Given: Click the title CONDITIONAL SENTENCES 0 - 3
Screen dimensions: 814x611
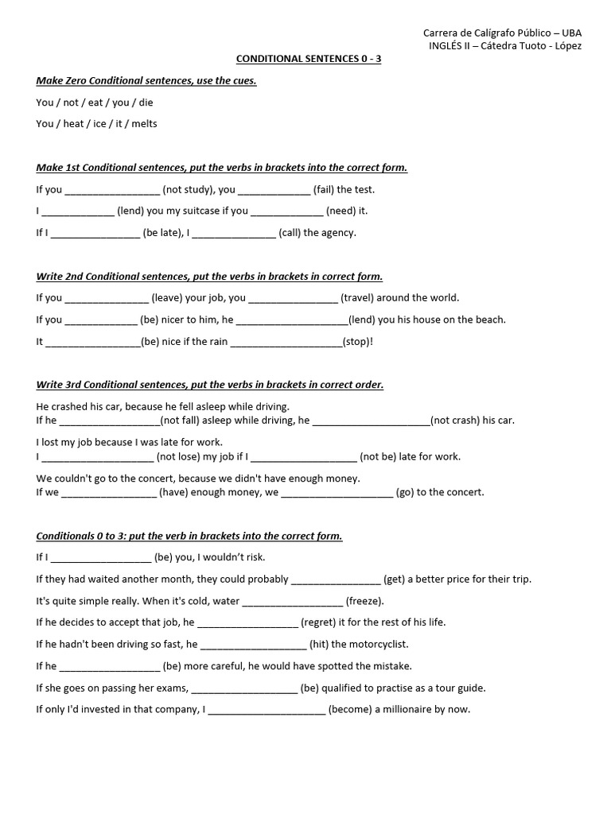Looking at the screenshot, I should point(309,59).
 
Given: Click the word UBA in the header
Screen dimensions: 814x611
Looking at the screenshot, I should point(571,33).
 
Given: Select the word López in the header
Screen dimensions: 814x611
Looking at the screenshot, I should point(568,45).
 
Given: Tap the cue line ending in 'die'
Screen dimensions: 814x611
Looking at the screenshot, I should point(95,103).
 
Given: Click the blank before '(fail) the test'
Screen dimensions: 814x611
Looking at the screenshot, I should point(274,191).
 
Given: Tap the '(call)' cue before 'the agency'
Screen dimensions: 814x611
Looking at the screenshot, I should point(290,233).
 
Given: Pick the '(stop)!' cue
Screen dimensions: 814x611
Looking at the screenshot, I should point(357,341).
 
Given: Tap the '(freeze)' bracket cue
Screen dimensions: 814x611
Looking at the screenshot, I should point(364,601).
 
